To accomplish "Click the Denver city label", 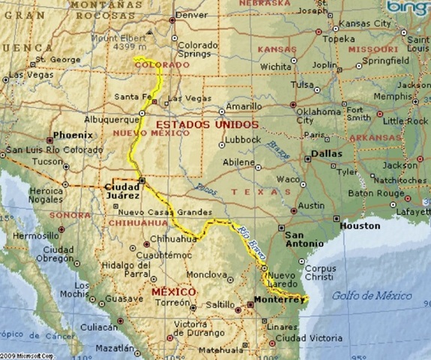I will pyautogui.click(x=191, y=14).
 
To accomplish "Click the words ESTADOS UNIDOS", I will pyautogui.click(x=206, y=124).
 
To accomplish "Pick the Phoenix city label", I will pyautogui.click(x=73, y=135).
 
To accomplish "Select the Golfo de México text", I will pyautogui.click(x=372, y=295).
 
